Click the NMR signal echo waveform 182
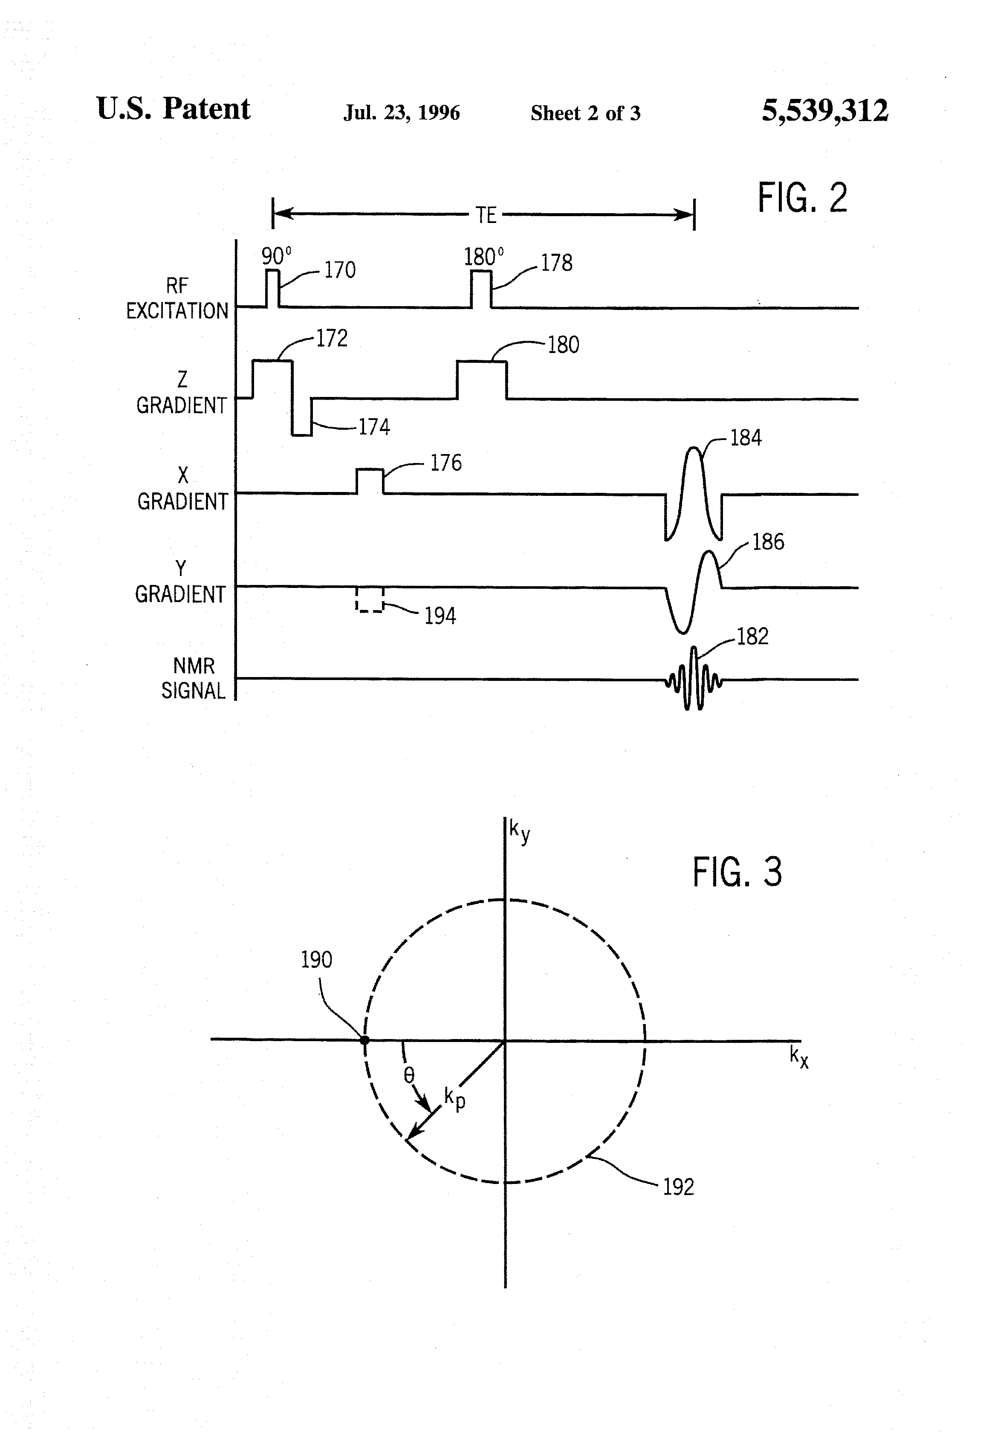(x=693, y=678)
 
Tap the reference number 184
(x=746, y=438)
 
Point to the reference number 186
(x=768, y=541)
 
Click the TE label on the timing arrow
(x=486, y=216)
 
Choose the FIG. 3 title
(x=737, y=872)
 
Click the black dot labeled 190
(x=364, y=1040)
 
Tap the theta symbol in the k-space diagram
(x=409, y=1075)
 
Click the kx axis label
(x=799, y=1056)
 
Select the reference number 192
(x=678, y=1187)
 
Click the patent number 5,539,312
(x=824, y=111)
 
